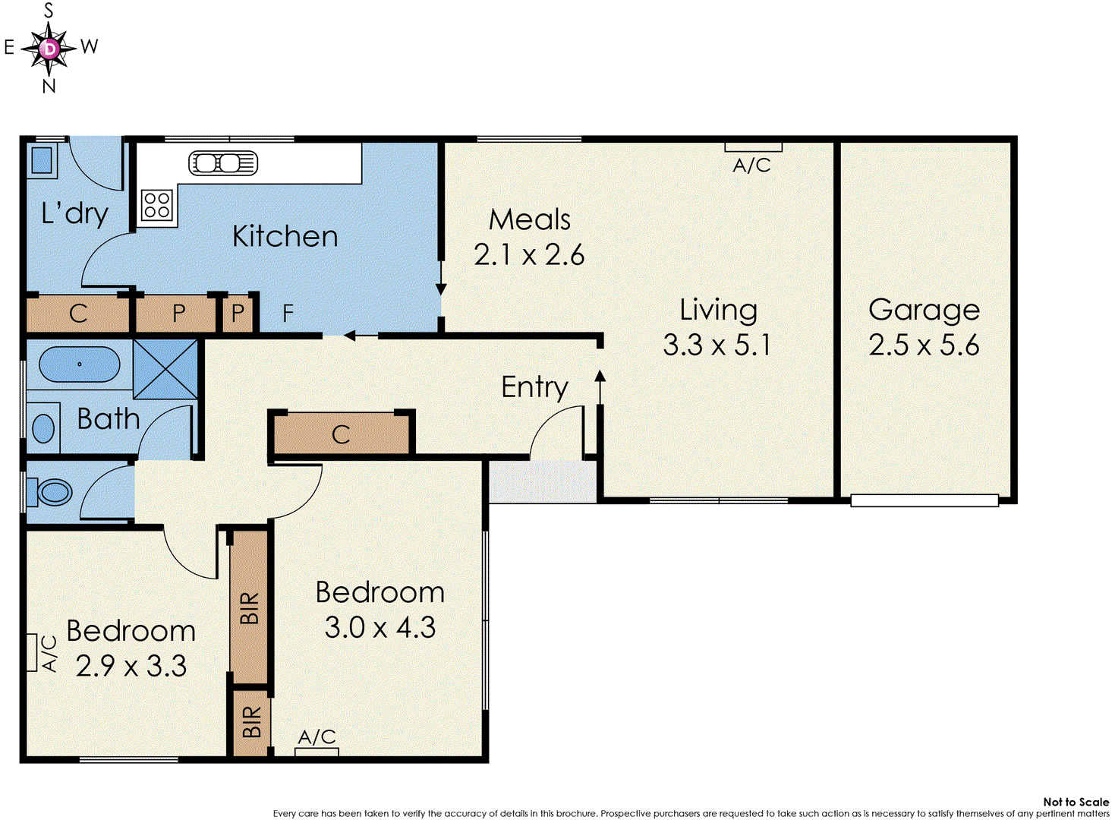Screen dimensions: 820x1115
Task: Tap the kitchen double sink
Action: pyautogui.click(x=223, y=163)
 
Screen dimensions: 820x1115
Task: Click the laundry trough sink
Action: pyautogui.click(x=40, y=160)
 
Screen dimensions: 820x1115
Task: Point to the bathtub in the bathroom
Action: pyautogui.click(x=79, y=364)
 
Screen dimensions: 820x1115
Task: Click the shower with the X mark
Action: pyautogui.click(x=165, y=369)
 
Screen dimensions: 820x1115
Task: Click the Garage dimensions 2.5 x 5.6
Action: pyautogui.click(x=924, y=345)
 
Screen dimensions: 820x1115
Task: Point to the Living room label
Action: pyautogui.click(x=718, y=310)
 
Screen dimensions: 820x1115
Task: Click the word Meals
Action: pyautogui.click(x=529, y=219)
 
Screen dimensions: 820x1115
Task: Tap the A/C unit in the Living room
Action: pyautogui.click(x=753, y=147)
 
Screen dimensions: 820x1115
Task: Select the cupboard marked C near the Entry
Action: pyautogui.click(x=341, y=434)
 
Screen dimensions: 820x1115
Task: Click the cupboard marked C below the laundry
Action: pyautogui.click(x=78, y=314)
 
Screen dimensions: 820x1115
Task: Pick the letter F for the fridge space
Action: pyautogui.click(x=288, y=313)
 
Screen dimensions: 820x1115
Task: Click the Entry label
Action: pyautogui.click(x=534, y=387)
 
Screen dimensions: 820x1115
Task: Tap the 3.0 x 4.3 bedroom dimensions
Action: pyautogui.click(x=380, y=628)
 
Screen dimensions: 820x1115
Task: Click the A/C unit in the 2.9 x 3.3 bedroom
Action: pyautogui.click(x=32, y=653)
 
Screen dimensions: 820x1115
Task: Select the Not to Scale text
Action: pyautogui.click(x=1076, y=802)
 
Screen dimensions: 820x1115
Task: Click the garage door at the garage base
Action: pyautogui.click(x=924, y=500)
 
